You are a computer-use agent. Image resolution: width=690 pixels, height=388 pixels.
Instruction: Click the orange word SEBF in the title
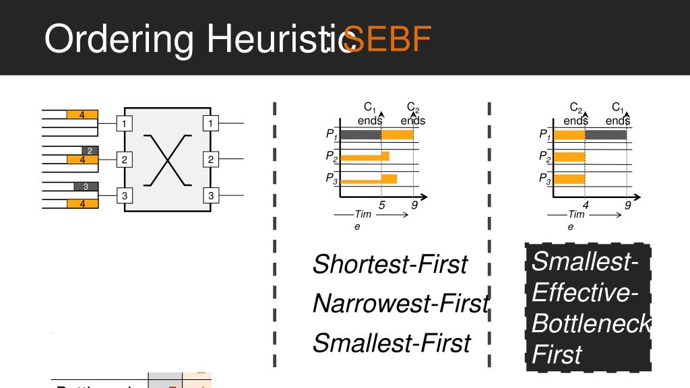tap(387, 40)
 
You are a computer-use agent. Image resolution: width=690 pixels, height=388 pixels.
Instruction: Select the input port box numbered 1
tap(125, 123)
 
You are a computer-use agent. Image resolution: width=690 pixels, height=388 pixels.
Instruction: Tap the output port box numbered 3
tap(211, 195)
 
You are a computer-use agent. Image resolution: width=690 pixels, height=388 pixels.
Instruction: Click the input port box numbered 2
tap(125, 160)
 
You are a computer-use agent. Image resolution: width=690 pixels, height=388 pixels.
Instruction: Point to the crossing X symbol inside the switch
tap(168, 160)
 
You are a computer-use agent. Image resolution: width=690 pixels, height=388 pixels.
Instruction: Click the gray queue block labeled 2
tap(90, 150)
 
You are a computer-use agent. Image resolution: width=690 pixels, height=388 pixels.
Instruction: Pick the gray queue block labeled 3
tap(86, 186)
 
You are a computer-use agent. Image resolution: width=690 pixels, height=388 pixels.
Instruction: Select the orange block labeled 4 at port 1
tap(82, 115)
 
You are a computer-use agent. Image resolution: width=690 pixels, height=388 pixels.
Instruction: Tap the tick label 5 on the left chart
tap(382, 206)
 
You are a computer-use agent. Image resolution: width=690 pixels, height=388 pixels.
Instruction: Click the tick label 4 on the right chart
tap(586, 206)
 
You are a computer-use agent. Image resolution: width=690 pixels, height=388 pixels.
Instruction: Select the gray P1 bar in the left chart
tap(360, 135)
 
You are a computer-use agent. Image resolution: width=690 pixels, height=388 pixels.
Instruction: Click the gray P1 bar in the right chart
tap(606, 135)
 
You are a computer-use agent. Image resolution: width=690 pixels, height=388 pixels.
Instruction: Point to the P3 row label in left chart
tap(331, 179)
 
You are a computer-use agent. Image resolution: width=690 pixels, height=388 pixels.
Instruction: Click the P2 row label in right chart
tap(544, 157)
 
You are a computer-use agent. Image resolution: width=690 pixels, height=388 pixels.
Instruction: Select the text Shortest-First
tap(389, 265)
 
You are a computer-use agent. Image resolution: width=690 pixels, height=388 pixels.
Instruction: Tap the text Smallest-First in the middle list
tap(391, 344)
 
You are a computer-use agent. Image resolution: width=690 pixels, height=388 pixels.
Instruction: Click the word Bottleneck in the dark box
tap(590, 324)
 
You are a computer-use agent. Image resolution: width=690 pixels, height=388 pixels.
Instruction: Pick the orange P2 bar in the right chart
tap(569, 157)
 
